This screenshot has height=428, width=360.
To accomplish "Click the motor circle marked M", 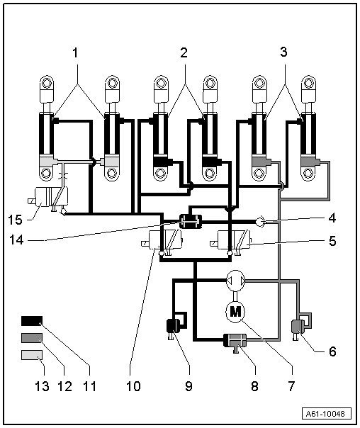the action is [235, 312].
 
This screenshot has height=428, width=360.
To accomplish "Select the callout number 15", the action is [15, 220].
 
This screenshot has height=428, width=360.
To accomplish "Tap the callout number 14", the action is [16, 240].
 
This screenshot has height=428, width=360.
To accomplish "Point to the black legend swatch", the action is [32, 321].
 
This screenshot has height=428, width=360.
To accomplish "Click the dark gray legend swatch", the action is [32, 338].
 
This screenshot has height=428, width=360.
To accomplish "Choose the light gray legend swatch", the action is [32, 355].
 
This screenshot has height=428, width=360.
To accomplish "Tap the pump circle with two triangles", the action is [236, 281].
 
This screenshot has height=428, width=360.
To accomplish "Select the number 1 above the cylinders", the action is [75, 52].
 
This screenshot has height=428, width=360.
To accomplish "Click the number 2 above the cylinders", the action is [184, 52].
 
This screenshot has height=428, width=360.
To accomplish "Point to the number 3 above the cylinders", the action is [284, 52].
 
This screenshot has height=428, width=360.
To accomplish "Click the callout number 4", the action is [332, 218].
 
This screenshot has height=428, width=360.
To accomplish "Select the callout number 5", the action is [332, 241].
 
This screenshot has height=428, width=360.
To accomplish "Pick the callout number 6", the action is [332, 351].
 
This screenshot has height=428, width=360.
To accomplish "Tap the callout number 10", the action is [133, 386].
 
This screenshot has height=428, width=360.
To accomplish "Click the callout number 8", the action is [254, 386].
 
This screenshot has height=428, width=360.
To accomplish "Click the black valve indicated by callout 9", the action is [174, 326].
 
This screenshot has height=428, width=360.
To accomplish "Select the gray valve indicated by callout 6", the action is [298, 326].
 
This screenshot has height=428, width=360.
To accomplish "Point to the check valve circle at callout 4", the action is [260, 222].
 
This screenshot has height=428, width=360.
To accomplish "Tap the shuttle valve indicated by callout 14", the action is [191, 221].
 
